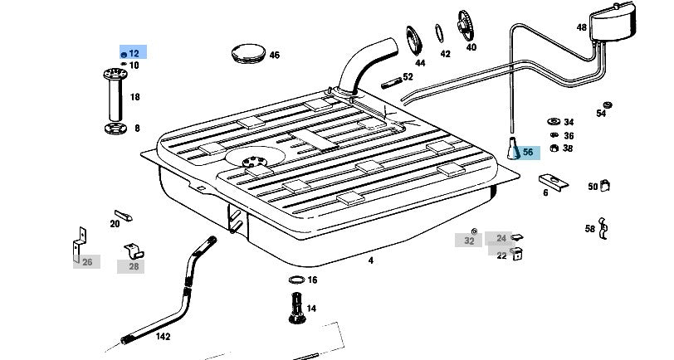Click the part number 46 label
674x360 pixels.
(274, 55)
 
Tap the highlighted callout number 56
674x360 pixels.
(528, 152)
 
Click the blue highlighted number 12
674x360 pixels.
(134, 53)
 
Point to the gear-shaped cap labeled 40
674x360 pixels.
(466, 26)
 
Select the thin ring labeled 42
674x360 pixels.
(439, 33)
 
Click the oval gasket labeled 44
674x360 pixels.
(414, 41)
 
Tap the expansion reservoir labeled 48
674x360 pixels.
(612, 23)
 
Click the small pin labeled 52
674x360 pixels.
(391, 82)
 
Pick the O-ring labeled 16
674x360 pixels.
(296, 280)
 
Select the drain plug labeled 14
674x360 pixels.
(296, 307)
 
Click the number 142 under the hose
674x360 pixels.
(163, 337)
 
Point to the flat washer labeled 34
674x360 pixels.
(554, 122)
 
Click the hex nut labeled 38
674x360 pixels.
(554, 148)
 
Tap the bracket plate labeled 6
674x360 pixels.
(554, 182)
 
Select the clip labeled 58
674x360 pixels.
(603, 227)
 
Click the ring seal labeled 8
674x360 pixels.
(115, 128)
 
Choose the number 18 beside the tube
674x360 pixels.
(135, 97)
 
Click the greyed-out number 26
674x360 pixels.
(87, 262)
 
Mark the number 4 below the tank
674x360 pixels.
(370, 260)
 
